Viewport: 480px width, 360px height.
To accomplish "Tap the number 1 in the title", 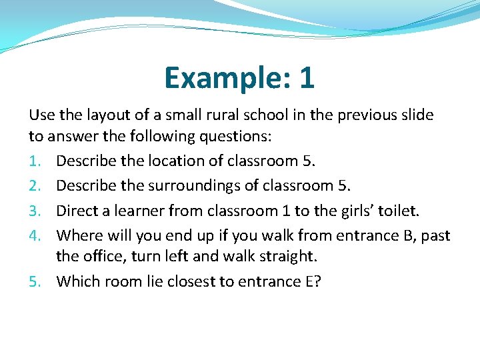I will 307,78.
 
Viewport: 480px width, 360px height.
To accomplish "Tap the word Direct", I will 77,211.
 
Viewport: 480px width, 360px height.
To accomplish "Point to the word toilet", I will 397,211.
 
